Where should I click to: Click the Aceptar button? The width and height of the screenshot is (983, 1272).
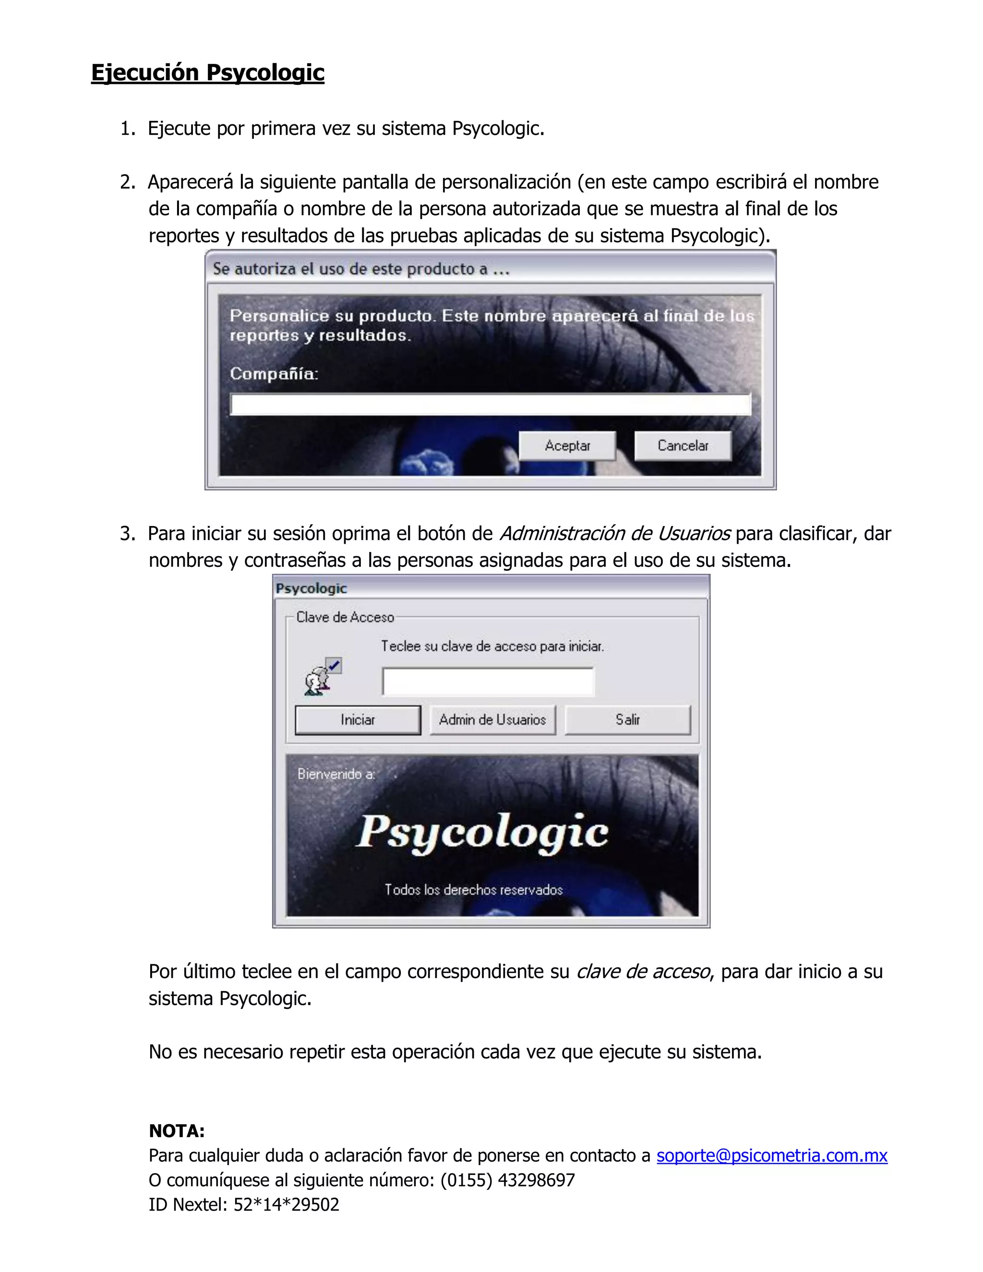(567, 445)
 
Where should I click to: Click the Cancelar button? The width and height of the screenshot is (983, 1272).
(683, 445)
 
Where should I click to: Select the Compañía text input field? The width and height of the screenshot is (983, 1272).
(491, 404)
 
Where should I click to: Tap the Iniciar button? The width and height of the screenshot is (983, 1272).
(358, 720)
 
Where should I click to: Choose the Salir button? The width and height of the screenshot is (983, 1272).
(627, 720)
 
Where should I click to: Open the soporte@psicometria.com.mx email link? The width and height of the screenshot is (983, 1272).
(772, 1155)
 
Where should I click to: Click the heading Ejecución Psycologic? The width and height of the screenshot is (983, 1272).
(207, 73)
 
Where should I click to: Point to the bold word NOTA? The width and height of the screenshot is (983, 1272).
(177, 1131)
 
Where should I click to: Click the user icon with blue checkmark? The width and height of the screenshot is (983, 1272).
(322, 677)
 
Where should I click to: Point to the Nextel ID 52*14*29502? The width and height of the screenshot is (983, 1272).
(286, 1204)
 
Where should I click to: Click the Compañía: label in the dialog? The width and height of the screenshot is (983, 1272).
(274, 373)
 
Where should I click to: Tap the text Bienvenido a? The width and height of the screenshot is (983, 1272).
(336, 774)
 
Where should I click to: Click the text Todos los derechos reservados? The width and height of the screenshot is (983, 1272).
(473, 890)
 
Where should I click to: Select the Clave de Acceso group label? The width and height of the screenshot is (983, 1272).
(345, 617)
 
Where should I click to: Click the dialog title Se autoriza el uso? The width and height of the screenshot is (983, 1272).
(361, 269)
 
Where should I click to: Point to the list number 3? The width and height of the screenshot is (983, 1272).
(126, 533)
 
